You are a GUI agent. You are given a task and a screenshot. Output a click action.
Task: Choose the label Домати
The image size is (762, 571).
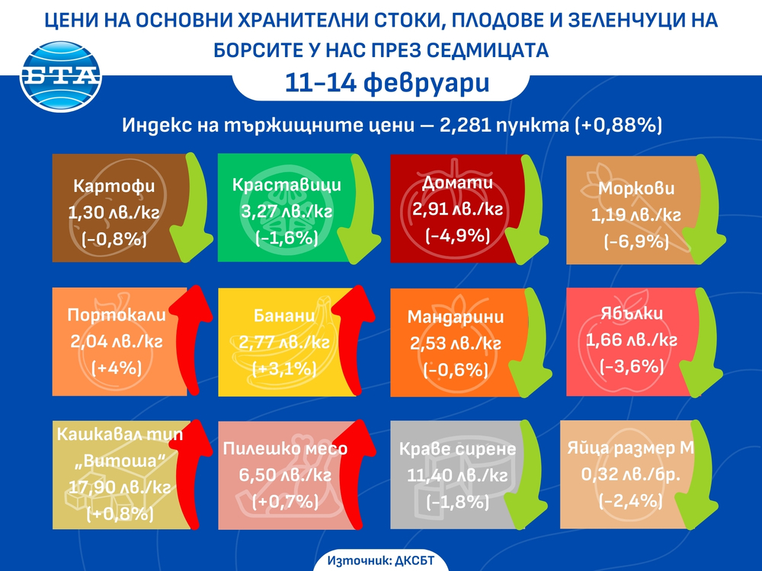pos(456,183)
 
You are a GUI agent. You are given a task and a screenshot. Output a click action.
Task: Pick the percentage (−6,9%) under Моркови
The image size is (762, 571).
pos(636,243)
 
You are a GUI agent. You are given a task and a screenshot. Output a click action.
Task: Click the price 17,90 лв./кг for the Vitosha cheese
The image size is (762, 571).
pos(114,486)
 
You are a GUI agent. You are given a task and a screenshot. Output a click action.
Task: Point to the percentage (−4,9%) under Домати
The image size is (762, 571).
pos(456,235)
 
